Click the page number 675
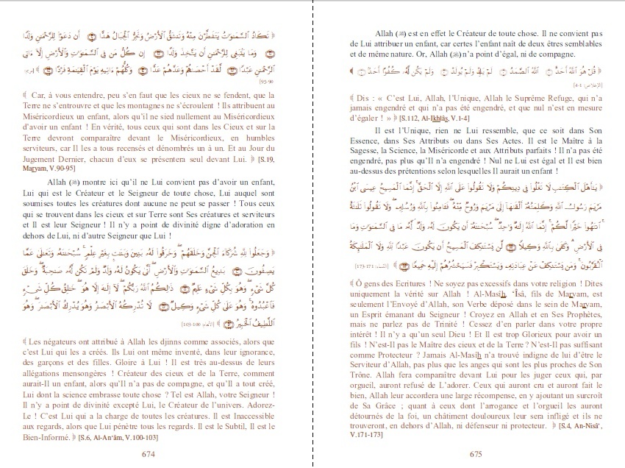tap(476, 454)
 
